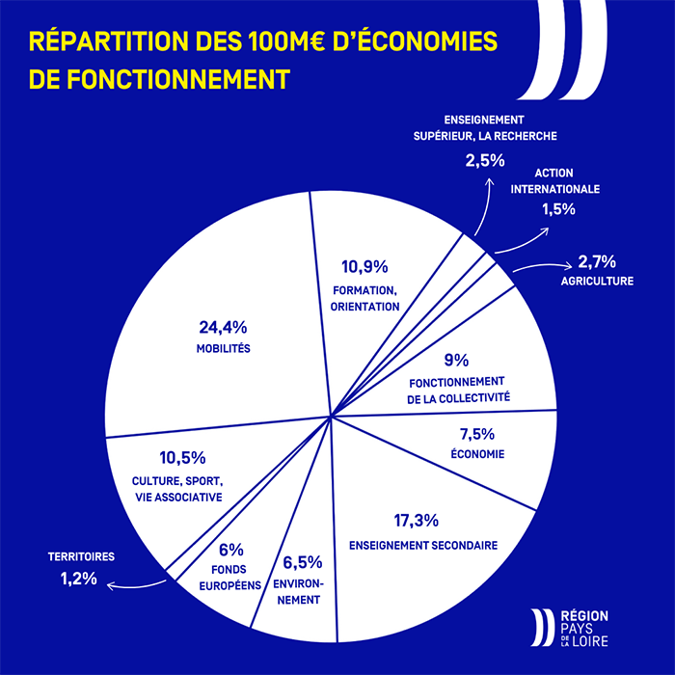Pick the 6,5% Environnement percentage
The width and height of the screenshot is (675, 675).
click(x=303, y=563)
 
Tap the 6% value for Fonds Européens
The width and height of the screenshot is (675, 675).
click(x=230, y=550)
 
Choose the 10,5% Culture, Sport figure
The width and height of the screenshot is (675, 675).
click(x=181, y=457)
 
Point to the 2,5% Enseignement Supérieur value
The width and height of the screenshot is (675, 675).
click(x=485, y=160)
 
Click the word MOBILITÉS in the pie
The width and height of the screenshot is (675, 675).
click(x=223, y=349)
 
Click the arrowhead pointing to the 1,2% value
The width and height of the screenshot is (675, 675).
click(x=111, y=585)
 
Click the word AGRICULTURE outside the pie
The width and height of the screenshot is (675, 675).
click(x=597, y=282)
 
